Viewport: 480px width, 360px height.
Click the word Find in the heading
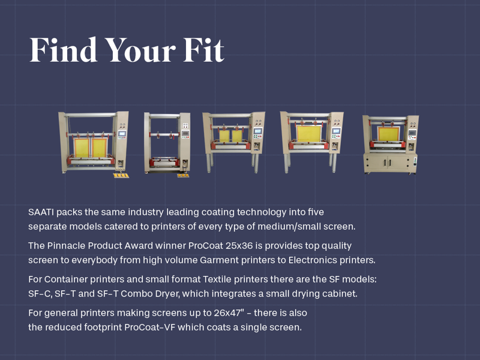[64, 50]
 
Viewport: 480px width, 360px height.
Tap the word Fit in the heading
[203, 50]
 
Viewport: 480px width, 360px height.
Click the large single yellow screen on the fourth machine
[309, 133]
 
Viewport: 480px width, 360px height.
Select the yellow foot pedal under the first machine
[121, 175]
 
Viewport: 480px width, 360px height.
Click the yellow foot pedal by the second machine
[183, 175]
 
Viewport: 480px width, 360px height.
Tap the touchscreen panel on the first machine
[122, 133]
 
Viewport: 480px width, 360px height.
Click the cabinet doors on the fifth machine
[389, 162]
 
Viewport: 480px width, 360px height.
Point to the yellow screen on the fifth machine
[388, 134]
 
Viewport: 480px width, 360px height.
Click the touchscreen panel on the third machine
[258, 131]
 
